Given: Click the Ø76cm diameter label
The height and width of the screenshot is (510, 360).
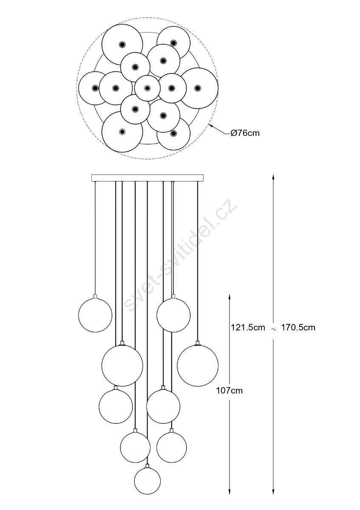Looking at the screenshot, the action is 245,133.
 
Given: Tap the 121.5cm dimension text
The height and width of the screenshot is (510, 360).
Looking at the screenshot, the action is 248,327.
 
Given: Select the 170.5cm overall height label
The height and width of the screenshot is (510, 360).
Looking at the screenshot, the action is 298,327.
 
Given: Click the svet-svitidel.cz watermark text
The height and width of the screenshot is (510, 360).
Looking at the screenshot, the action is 180,255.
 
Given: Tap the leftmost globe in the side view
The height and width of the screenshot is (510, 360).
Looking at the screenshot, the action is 95,315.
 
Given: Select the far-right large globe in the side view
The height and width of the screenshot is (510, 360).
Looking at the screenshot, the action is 198,365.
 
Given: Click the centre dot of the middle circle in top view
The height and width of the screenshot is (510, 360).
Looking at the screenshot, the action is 147,88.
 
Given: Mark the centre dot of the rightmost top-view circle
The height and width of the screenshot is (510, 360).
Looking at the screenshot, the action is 198,88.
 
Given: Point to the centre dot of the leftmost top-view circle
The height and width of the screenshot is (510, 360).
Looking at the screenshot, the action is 95,88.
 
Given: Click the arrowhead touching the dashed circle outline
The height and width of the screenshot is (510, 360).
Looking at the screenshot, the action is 211,125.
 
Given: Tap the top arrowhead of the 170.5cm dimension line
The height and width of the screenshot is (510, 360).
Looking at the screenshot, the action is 273,177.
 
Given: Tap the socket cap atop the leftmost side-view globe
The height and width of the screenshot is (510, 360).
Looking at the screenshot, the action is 95,296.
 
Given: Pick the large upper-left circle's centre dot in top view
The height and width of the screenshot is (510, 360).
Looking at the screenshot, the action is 122,44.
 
